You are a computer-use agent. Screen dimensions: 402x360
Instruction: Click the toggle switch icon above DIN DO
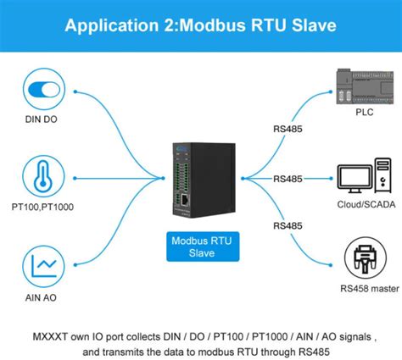(x=44, y=90)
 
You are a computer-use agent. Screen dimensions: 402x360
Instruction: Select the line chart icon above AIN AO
(x=44, y=266)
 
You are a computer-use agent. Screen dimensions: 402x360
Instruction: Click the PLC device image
(x=365, y=86)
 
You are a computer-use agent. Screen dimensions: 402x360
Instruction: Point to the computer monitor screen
(x=355, y=177)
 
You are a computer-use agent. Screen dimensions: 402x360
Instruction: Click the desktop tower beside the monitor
(x=383, y=175)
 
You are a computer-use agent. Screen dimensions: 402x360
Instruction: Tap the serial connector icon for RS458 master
(x=366, y=258)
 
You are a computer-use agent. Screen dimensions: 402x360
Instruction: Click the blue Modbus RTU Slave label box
(x=203, y=246)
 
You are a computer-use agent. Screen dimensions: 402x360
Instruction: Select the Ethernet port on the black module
(x=185, y=200)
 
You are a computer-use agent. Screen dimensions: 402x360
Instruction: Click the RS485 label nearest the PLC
(x=288, y=129)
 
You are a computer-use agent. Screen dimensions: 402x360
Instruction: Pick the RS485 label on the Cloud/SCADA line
(x=288, y=179)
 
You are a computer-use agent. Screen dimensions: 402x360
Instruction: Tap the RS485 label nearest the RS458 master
(x=288, y=225)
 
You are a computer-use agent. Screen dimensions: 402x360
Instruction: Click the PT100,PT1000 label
(x=42, y=207)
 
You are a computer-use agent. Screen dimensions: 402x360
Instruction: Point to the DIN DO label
(x=42, y=119)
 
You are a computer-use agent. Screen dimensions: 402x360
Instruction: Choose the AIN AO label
(x=41, y=297)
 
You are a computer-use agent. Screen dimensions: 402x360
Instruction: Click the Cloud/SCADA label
(x=366, y=204)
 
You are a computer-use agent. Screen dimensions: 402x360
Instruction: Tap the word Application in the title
(x=112, y=25)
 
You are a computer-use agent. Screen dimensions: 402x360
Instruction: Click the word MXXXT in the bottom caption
(x=50, y=336)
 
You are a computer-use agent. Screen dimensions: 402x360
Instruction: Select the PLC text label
(x=365, y=112)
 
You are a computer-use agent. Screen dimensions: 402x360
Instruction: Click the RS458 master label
(x=370, y=289)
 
